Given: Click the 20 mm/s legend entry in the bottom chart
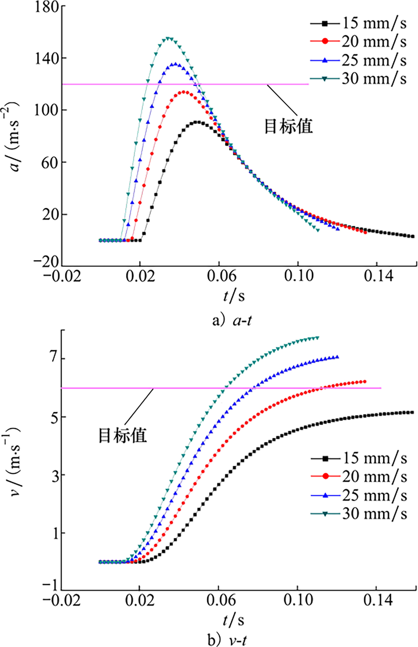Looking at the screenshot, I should point(359,476).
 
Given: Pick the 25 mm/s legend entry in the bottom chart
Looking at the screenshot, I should point(359,495).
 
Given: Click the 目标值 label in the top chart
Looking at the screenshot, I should point(288,126).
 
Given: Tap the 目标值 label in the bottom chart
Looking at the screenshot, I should point(123,435).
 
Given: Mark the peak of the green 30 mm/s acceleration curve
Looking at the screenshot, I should point(169,38).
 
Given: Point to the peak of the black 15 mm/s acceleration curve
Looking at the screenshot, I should point(198,122).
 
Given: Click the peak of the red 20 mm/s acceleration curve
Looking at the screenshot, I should point(184,92).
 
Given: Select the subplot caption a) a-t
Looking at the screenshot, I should point(232,320).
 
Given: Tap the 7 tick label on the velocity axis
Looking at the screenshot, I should point(54,359).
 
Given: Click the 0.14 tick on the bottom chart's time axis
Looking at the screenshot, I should point(378,601).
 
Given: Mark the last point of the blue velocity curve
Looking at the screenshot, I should point(337,357).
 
